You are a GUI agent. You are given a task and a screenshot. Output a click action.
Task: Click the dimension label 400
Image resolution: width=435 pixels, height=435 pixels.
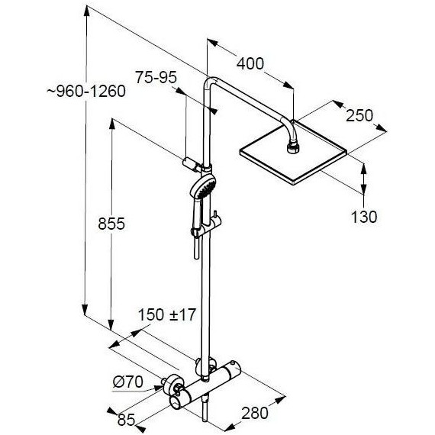tap(250, 63)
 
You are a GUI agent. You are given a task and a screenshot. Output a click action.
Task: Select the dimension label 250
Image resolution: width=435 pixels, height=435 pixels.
tap(358, 115)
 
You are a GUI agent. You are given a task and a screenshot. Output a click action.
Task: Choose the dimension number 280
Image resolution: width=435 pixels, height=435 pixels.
tap(254, 413)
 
